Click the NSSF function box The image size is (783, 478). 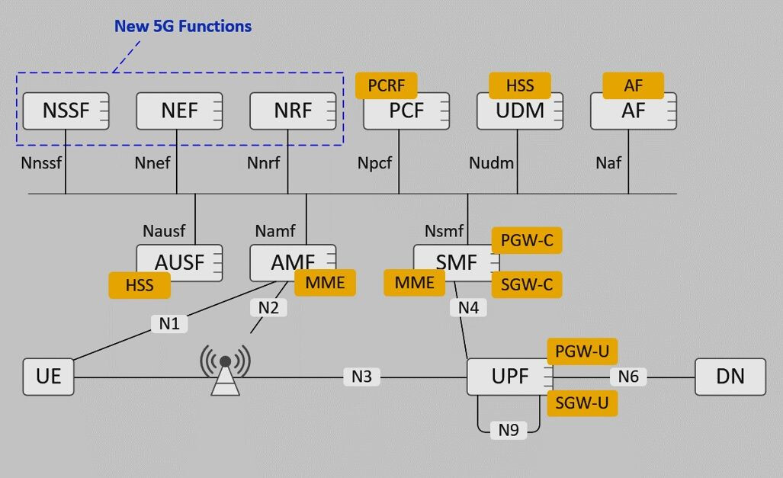click(66, 111)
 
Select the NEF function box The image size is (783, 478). click(179, 111)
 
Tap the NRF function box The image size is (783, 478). click(293, 111)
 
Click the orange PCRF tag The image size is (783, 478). click(386, 85)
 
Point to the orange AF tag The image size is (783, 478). click(634, 85)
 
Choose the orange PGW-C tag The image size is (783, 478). click(527, 240)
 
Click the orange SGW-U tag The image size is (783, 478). click(582, 403)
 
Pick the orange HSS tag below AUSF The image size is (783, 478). click(140, 285)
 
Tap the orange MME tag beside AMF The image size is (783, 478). click(325, 283)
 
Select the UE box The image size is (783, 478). click(49, 377)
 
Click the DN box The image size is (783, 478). click(730, 377)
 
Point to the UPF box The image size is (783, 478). click(510, 377)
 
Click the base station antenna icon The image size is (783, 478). click(225, 370)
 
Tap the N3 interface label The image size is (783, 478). click(361, 377)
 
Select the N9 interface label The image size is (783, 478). click(509, 430)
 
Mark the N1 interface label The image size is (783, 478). click(169, 324)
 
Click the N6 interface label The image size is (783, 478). click(628, 377)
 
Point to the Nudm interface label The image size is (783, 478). click(491, 163)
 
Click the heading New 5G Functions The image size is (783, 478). click(183, 26)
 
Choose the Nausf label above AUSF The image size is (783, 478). click(164, 231)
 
